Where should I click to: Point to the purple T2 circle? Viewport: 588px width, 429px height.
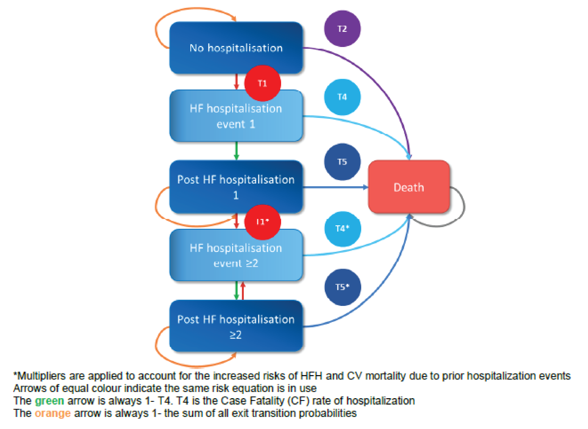click(342, 29)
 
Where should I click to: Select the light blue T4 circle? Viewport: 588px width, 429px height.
click(342, 97)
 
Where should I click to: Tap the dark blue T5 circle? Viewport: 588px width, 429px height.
click(342, 162)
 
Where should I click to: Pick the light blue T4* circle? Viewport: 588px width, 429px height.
click(342, 228)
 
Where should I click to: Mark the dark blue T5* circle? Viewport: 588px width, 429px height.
click(342, 287)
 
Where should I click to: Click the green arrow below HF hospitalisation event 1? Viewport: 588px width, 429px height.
click(236, 151)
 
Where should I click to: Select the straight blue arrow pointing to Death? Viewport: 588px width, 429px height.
click(335, 187)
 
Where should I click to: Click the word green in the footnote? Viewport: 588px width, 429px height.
click(49, 401)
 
